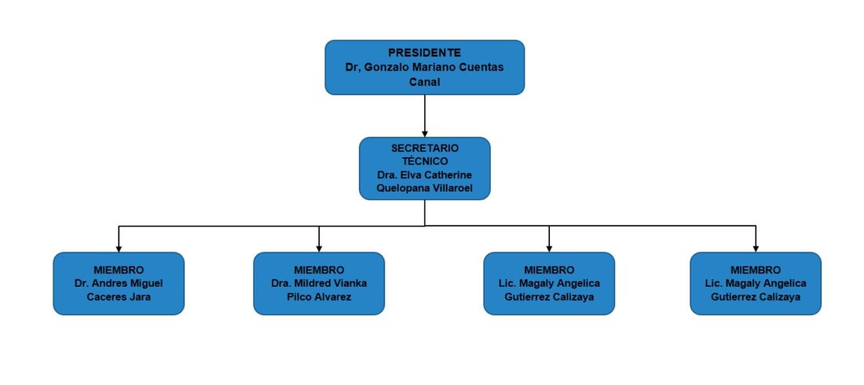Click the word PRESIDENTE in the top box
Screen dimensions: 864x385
[x=424, y=53]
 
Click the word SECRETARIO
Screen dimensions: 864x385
[x=424, y=148]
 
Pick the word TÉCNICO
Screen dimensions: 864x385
[x=424, y=162]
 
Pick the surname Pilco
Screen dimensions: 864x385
[x=300, y=297]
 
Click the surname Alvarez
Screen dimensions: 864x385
[x=333, y=297]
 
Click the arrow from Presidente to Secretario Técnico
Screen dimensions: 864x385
[x=424, y=115]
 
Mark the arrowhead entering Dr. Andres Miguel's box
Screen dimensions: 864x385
[x=119, y=248]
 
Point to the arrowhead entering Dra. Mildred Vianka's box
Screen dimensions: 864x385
[x=319, y=248]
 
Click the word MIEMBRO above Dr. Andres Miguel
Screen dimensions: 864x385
[x=119, y=270]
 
